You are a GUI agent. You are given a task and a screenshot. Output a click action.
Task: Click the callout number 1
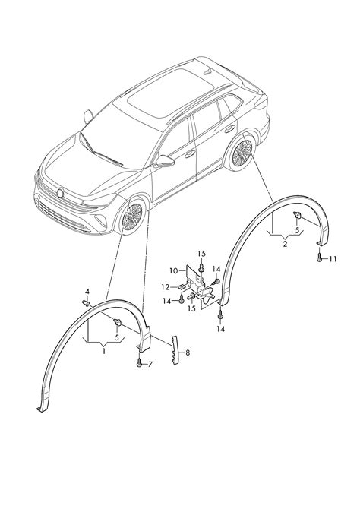click(104, 351)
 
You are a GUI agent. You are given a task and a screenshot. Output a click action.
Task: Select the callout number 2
click(285, 244)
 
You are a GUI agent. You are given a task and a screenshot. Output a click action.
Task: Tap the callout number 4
click(87, 292)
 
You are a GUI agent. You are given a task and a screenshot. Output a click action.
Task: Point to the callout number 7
click(150, 365)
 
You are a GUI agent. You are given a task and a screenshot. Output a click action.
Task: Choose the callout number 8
click(188, 353)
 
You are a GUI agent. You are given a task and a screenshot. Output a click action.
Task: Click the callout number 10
click(174, 270)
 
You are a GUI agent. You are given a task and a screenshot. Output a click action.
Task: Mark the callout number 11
click(333, 259)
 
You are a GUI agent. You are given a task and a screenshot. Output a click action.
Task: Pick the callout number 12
click(166, 287)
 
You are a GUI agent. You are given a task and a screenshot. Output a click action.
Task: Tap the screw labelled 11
click(320, 258)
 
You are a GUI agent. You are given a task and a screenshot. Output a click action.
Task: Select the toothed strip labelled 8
click(175, 349)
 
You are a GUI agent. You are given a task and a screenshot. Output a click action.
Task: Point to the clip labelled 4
click(86, 304)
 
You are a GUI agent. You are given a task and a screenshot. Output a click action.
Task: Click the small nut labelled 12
click(182, 286)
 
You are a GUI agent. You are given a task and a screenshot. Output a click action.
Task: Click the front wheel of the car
click(132, 217)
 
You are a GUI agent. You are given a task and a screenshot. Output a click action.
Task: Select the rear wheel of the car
click(242, 153)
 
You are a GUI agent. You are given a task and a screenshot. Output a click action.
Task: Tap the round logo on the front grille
click(60, 193)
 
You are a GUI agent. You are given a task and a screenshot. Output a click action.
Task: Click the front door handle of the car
click(190, 153)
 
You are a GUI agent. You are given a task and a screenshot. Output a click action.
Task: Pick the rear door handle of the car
click(230, 129)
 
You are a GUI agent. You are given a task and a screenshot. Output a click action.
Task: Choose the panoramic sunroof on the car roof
click(170, 93)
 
